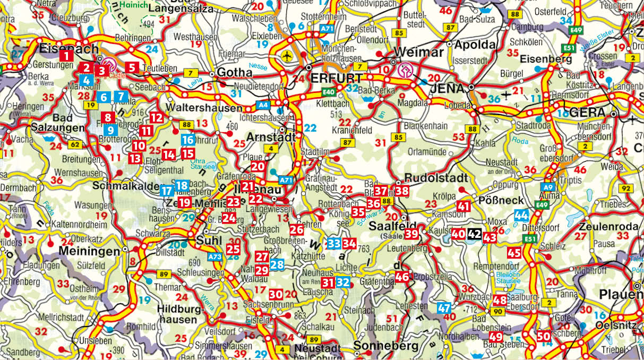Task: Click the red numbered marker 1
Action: (66, 55)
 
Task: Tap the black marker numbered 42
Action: (475, 234)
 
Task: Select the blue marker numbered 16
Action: (187, 140)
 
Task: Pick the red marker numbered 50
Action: (543, 336)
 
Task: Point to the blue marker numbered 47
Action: (444, 307)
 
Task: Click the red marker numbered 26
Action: (297, 229)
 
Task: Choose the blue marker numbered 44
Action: (521, 216)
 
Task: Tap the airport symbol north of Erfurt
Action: (287, 55)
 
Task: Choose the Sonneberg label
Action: (378, 346)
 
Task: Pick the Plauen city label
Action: (620, 295)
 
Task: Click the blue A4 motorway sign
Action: (263, 105)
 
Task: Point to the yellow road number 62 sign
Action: (75, 144)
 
